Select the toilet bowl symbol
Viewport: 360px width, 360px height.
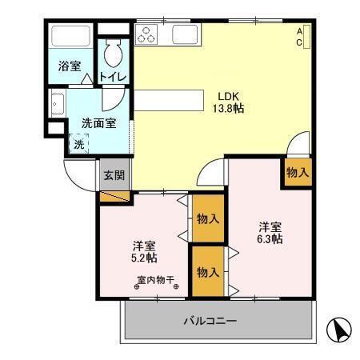pos(113,53)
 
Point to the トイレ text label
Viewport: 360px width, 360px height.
pos(113,78)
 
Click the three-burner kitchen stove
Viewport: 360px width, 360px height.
pos(148,34)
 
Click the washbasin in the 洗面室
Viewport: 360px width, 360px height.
pos(57,104)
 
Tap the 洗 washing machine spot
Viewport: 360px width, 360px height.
pos(78,145)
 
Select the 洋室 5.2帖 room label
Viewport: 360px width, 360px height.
pos(144,251)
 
